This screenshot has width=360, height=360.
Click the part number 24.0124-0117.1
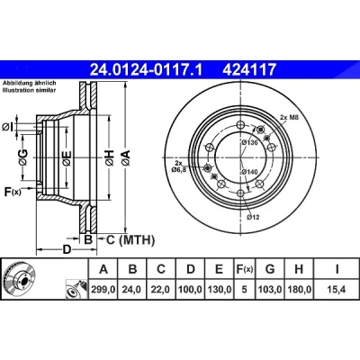coord(147,70)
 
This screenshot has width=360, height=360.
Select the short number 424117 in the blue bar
coord(248,70)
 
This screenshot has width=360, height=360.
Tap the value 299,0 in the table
coord(103,290)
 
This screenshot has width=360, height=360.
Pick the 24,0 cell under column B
coord(132,290)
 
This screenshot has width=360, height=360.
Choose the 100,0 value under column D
coord(191,290)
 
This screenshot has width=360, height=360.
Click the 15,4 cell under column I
coord(337,290)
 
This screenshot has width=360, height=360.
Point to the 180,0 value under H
coord(299,290)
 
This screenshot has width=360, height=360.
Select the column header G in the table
coord(270,269)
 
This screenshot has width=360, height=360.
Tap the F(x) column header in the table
coord(244,269)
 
